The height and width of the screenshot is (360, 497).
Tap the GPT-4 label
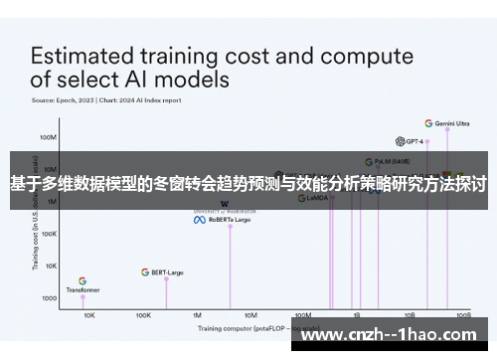click(x=414, y=141)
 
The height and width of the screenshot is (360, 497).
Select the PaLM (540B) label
click(x=391, y=160)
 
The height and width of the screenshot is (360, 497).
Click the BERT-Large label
click(x=166, y=271)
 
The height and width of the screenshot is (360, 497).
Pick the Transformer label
click(x=83, y=289)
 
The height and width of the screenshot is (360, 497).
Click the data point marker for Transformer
click(x=83, y=297)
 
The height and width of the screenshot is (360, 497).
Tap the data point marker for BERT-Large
click(x=166, y=279)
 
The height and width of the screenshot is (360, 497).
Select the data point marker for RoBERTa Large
click(x=230, y=226)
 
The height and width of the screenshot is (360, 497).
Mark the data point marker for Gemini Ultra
click(x=447, y=129)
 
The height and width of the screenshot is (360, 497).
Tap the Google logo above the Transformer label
click(x=83, y=280)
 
